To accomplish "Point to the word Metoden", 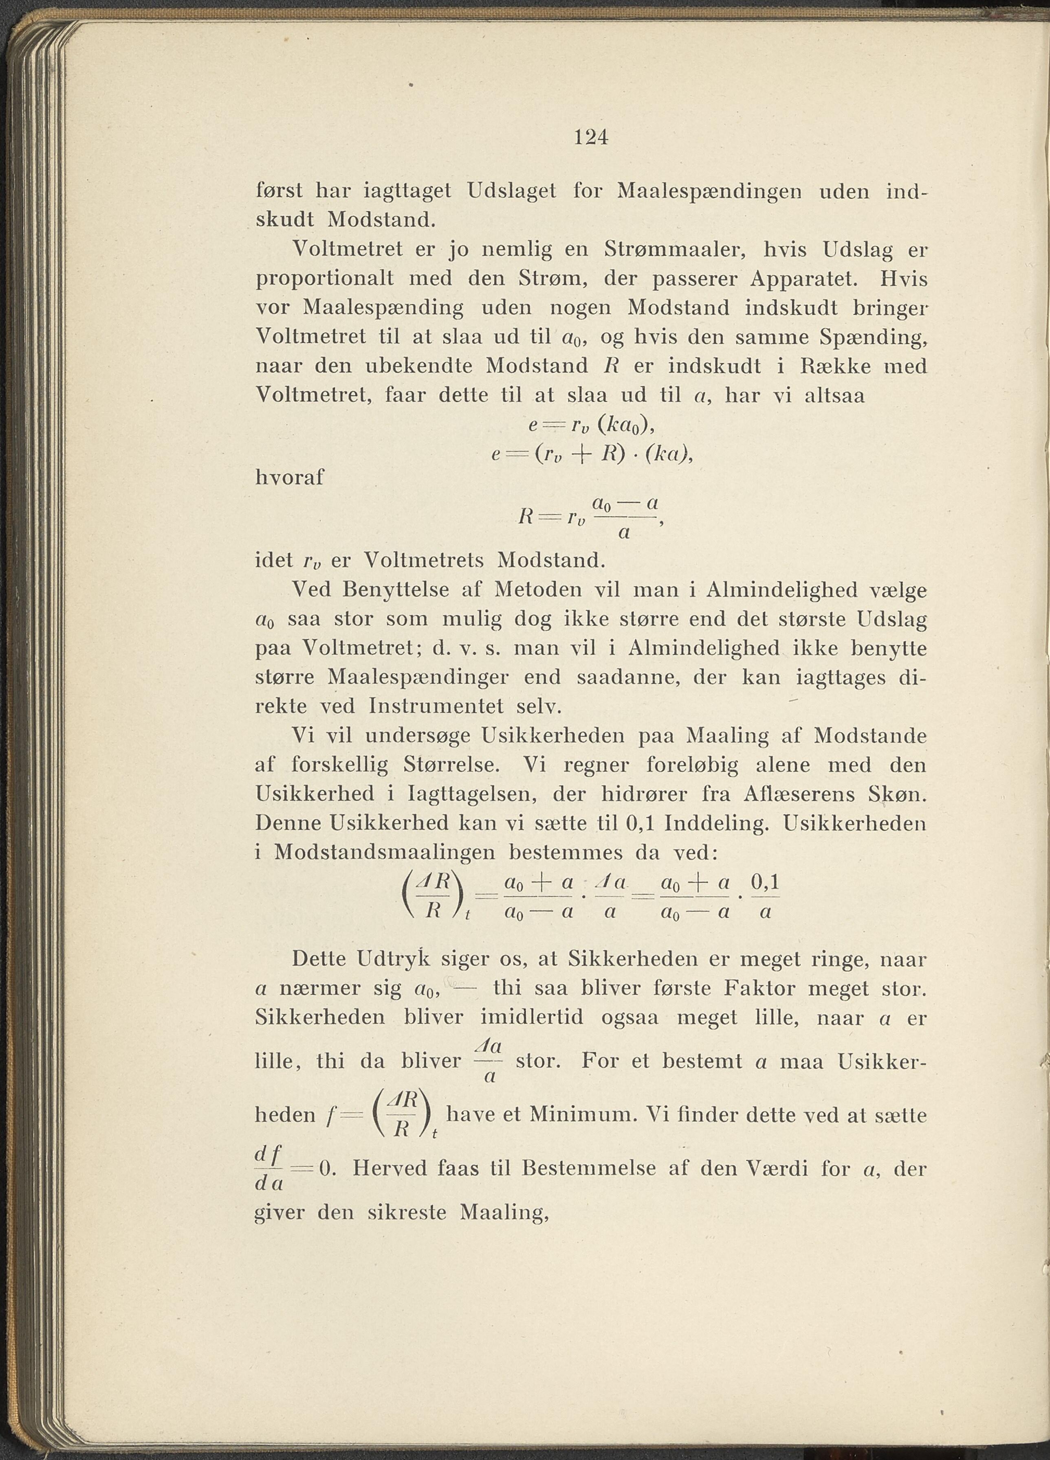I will [528, 590].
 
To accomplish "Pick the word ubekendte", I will [419, 366].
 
